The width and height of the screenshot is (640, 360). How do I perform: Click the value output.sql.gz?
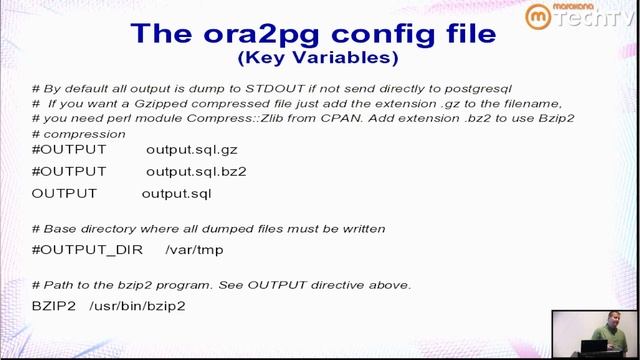coord(192,150)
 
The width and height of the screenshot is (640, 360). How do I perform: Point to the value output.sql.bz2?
coord(196,171)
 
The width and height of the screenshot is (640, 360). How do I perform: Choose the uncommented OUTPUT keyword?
coord(65,193)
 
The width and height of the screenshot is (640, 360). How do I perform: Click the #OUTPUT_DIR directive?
coord(87,249)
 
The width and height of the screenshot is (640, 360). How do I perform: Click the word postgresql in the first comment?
coord(479,88)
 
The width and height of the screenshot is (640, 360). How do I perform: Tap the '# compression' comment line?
coord(76,133)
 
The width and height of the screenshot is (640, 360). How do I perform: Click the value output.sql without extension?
coord(176,193)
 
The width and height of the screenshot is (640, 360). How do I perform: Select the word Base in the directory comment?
coord(62,229)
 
